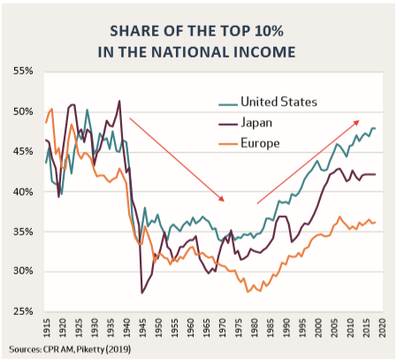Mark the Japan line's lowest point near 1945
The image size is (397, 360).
[x=141, y=292]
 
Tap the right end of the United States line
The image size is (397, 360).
[x=376, y=128]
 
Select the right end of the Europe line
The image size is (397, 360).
[x=376, y=222]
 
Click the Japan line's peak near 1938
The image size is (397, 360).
[x=119, y=101]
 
